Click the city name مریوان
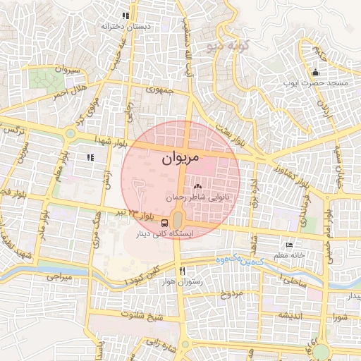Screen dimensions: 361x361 pos(181,159)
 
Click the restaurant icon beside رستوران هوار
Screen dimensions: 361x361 pos(182,271)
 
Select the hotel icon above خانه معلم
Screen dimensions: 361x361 pos(289,245)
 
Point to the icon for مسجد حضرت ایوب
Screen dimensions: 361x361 pos(315,73)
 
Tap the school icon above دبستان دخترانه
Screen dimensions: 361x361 pos(126,16)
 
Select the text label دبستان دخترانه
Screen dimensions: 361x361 pos(126,26)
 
